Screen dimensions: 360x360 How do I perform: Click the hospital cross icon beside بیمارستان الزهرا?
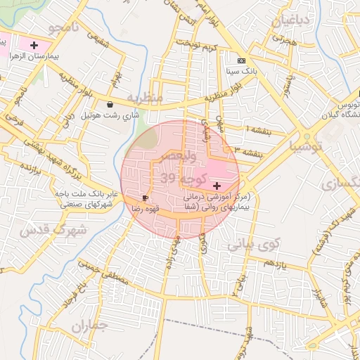pyautogui.click(x=34, y=44)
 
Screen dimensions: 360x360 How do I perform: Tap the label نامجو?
pyautogui.click(x=65, y=29)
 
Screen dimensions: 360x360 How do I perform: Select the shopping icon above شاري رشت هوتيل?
pyautogui.click(x=110, y=105)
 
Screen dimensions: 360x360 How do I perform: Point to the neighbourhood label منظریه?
pyautogui.click(x=144, y=96)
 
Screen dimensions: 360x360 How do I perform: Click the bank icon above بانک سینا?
pyautogui.click(x=242, y=60)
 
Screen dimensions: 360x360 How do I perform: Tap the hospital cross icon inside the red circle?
pyautogui.click(x=216, y=184)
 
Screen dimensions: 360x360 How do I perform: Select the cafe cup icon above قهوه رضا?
pyautogui.click(x=146, y=198)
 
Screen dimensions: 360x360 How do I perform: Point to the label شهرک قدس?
pyautogui.click(x=52, y=230)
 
